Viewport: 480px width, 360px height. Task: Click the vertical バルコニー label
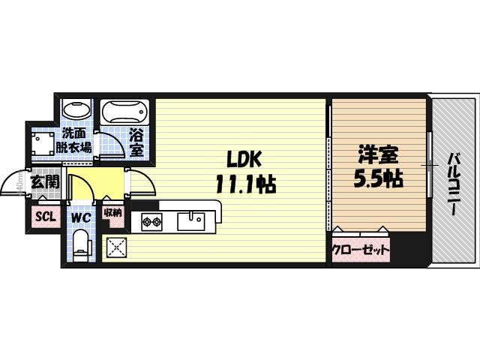pyautogui.click(x=454, y=183)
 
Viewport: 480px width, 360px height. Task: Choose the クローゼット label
pyautogui.click(x=361, y=249)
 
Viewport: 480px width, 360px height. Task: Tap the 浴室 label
pyautogui.click(x=136, y=143)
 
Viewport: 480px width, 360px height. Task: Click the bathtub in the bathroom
pyautogui.click(x=124, y=114)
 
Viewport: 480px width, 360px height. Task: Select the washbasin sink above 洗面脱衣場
pyautogui.click(x=76, y=110)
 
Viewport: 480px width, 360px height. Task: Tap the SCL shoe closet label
pyautogui.click(x=45, y=217)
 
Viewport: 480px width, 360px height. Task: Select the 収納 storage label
pyautogui.click(x=113, y=214)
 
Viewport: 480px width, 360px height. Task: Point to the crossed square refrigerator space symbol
pyautogui.click(x=116, y=247)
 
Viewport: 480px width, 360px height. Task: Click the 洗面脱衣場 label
pyautogui.click(x=76, y=140)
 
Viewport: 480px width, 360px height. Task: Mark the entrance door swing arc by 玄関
pyautogui.click(x=12, y=181)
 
